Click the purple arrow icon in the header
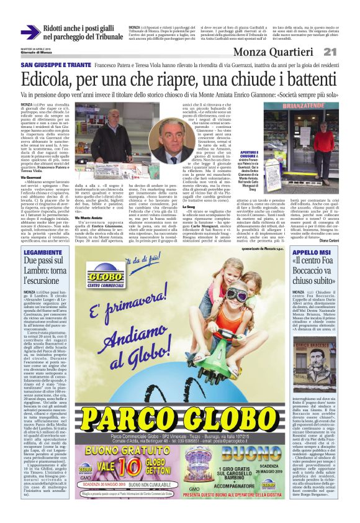[x=30, y=32]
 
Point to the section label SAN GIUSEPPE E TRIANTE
[x=52, y=65]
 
